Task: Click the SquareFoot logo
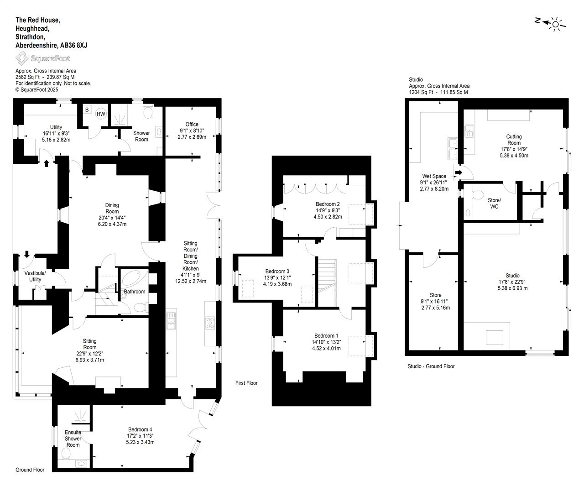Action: click(x=42, y=58)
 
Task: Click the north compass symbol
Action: click(x=550, y=23)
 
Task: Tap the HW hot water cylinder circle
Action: click(x=101, y=114)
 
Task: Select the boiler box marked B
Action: click(x=87, y=110)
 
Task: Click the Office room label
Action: click(x=192, y=124)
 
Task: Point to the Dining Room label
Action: click(x=112, y=208)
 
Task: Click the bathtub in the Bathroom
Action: click(x=132, y=277)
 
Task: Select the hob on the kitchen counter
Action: click(x=210, y=323)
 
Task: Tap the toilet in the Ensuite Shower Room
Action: click(x=66, y=453)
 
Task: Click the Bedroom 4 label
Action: click(x=140, y=429)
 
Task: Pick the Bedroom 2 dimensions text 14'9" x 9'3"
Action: click(x=328, y=210)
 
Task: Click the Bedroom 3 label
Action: click(x=277, y=271)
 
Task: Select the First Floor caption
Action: click(x=246, y=383)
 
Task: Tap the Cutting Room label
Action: click(x=514, y=140)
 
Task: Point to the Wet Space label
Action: click(x=434, y=176)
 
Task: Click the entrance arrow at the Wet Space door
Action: click(x=459, y=172)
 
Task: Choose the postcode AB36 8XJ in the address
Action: click(x=74, y=45)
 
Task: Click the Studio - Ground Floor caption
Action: click(x=431, y=366)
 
